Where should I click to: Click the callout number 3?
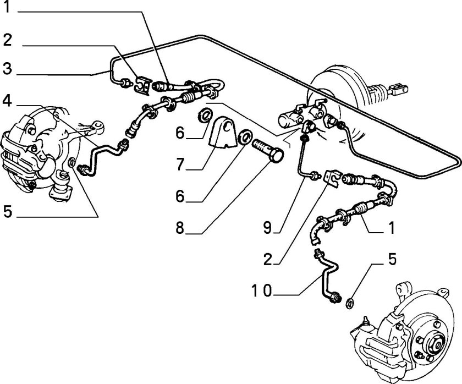tap(7, 68)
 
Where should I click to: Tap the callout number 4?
tap(7, 101)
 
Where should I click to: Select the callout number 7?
tap(180, 164)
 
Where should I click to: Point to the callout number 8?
tap(180, 228)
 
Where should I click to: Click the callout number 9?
tap(267, 228)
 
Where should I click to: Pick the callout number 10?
tap(262, 290)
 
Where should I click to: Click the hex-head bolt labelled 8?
tap(268, 150)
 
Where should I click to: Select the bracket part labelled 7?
tap(223, 131)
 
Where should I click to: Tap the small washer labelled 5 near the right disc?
tap(349, 303)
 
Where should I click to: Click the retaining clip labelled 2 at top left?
tap(142, 84)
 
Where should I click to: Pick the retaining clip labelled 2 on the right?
tap(332, 178)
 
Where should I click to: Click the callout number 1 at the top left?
tap(7, 7)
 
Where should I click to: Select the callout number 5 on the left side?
tap(8, 212)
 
